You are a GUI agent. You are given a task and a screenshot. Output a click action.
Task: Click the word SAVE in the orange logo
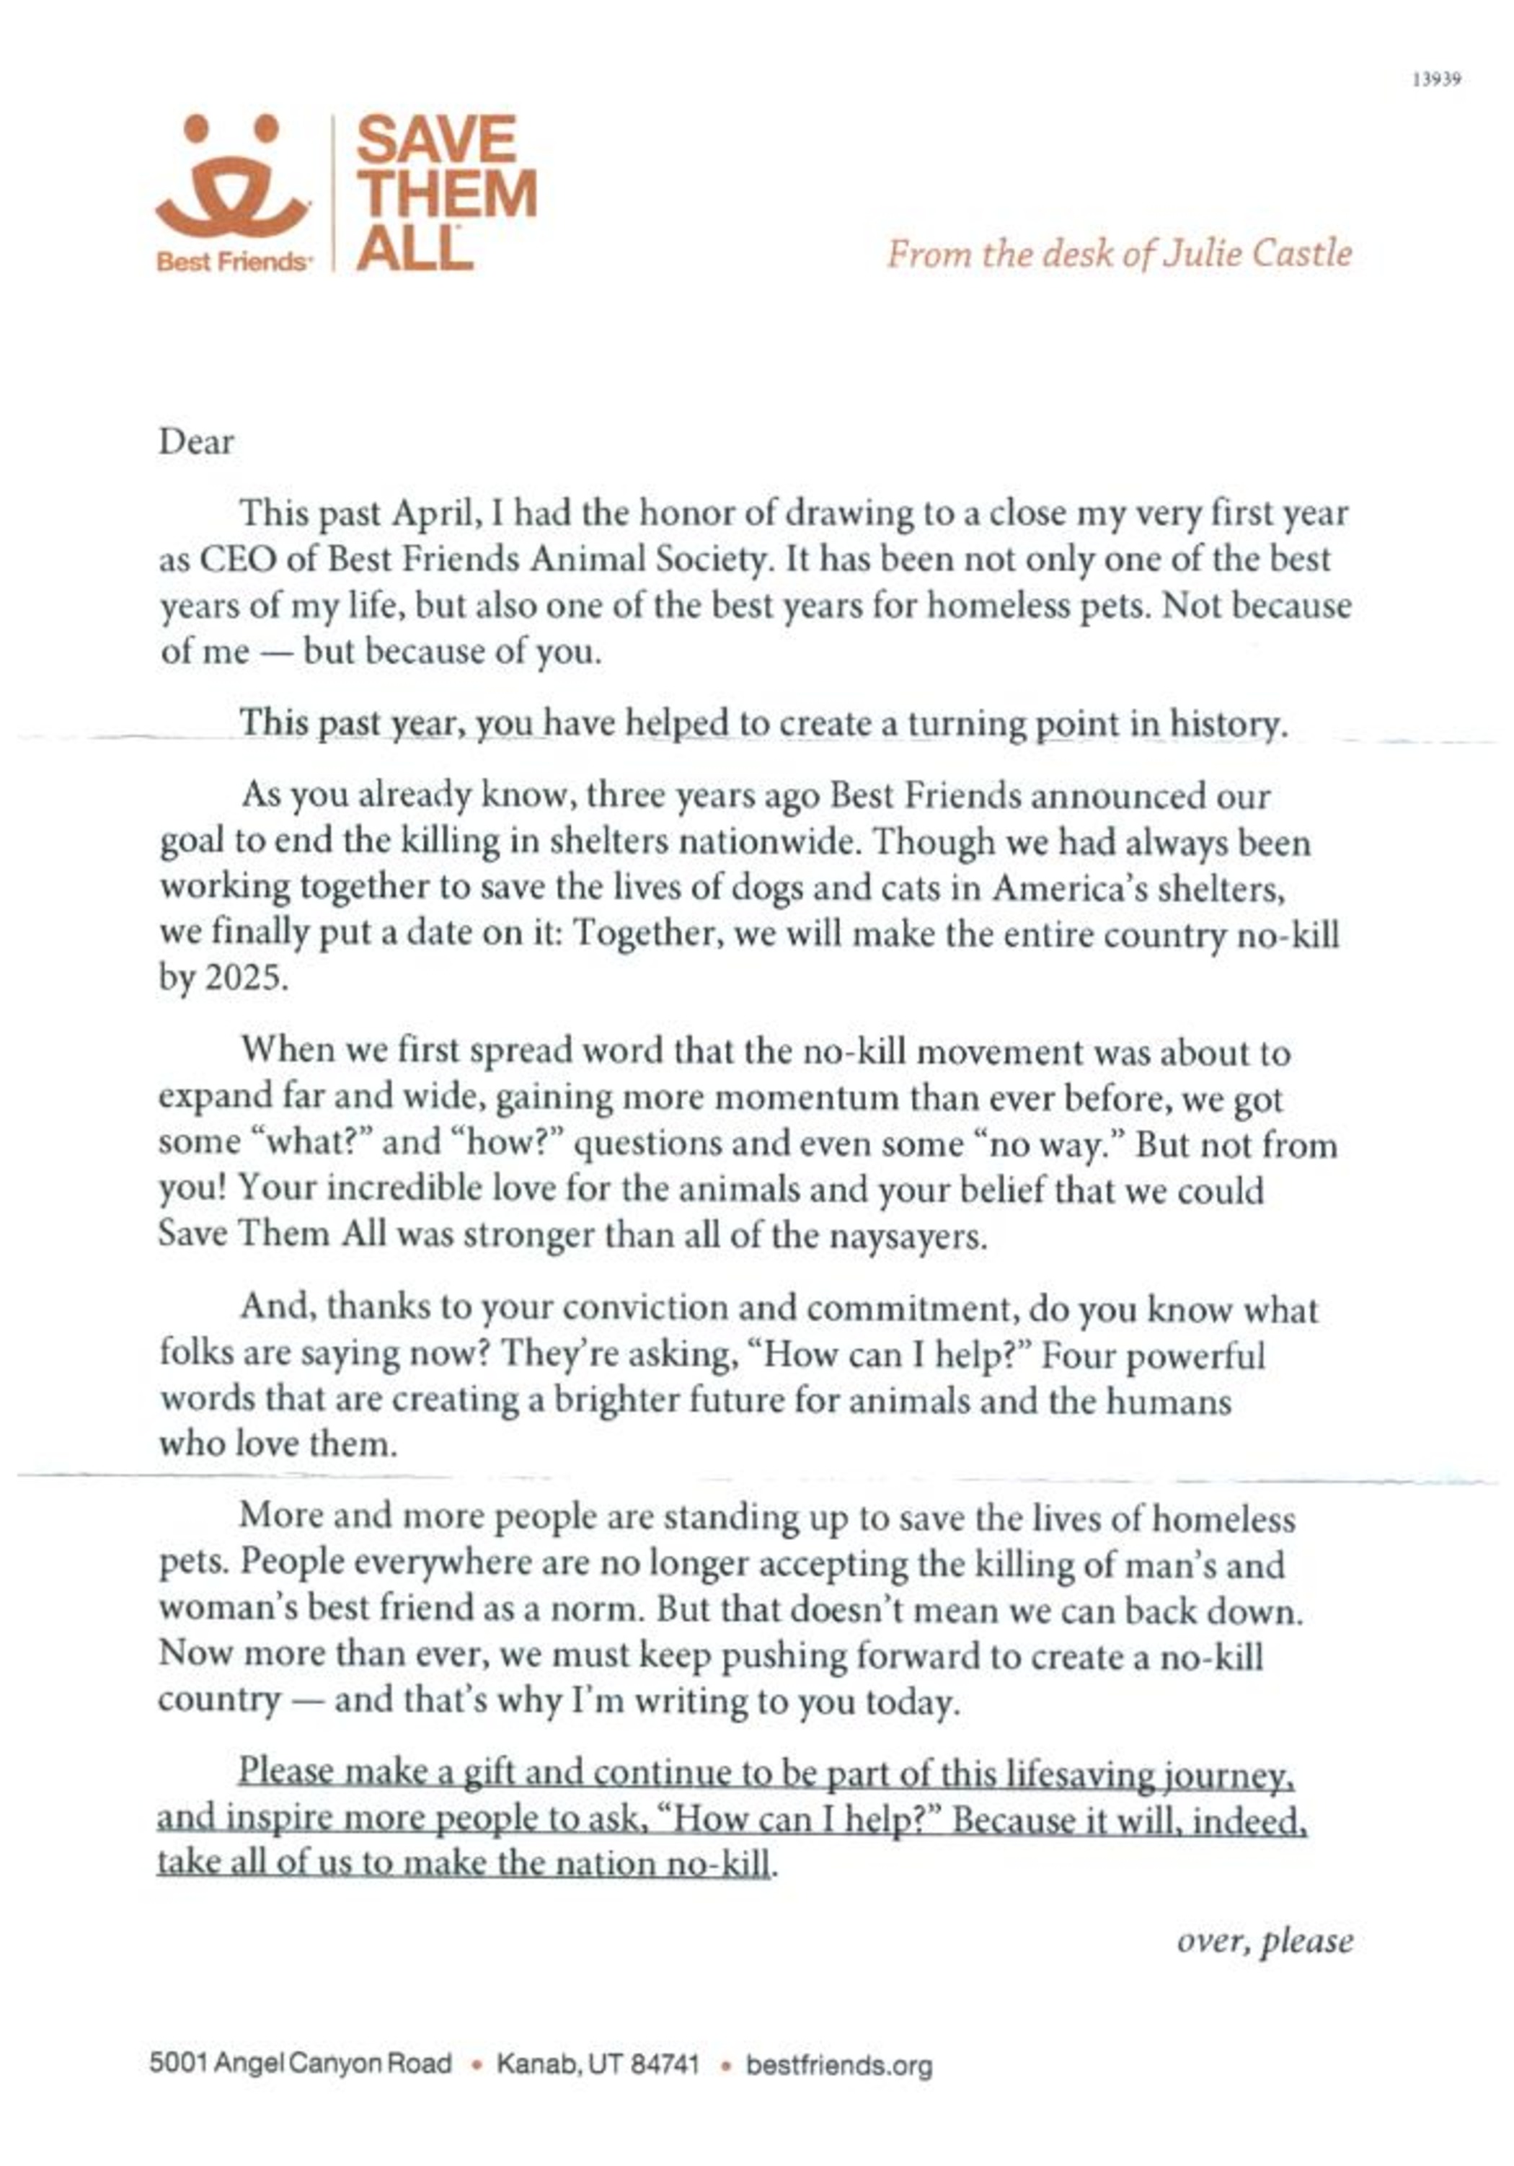435,140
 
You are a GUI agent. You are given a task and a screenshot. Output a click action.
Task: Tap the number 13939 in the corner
1435,80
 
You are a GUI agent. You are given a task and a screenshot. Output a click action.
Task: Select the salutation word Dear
196,441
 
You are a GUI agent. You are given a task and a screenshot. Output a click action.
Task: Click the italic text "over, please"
1264,1940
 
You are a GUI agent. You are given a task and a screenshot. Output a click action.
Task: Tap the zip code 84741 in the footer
664,2064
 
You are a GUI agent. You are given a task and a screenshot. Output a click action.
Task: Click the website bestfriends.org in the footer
838,2065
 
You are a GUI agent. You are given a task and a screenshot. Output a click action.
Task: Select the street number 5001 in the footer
178,2064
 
